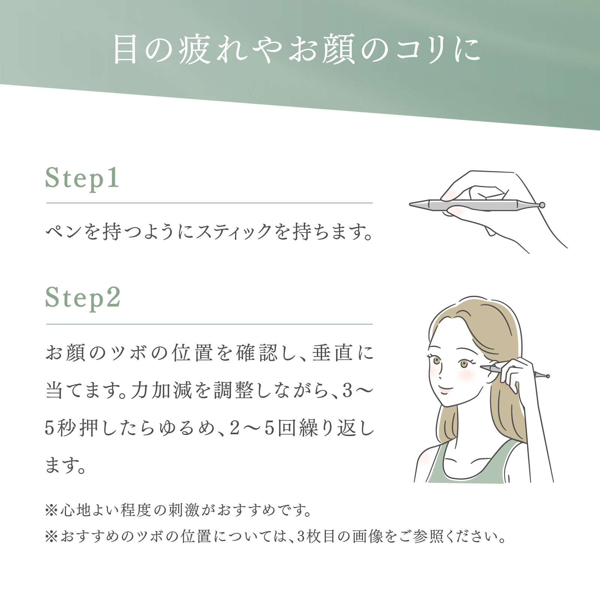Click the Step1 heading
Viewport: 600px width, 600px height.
coord(82,178)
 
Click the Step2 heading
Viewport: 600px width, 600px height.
coord(83,298)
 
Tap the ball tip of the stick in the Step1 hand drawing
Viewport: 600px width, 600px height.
coord(541,205)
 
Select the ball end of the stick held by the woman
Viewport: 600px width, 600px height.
coord(547,376)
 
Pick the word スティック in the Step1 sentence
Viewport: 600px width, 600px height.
coord(234,231)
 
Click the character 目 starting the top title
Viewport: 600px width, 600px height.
coord(126,49)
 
